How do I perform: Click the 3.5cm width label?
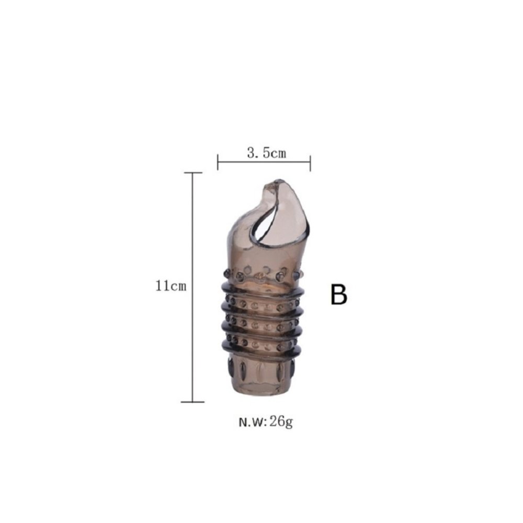267,153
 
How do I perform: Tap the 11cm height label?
171,286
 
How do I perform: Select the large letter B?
338,294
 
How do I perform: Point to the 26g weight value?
281,422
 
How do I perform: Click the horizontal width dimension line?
264,163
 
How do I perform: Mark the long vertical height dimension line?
193,287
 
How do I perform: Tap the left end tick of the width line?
218,163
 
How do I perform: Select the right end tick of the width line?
310,163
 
